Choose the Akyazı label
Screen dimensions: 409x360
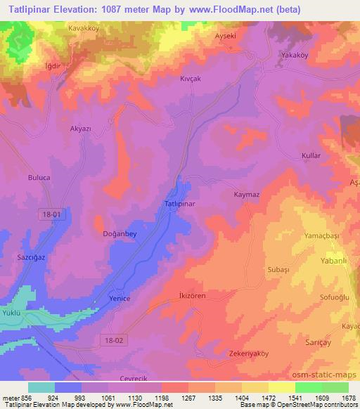[x=82, y=130]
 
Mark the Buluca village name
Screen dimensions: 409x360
[x=38, y=178]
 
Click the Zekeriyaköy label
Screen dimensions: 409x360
[x=249, y=353]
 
